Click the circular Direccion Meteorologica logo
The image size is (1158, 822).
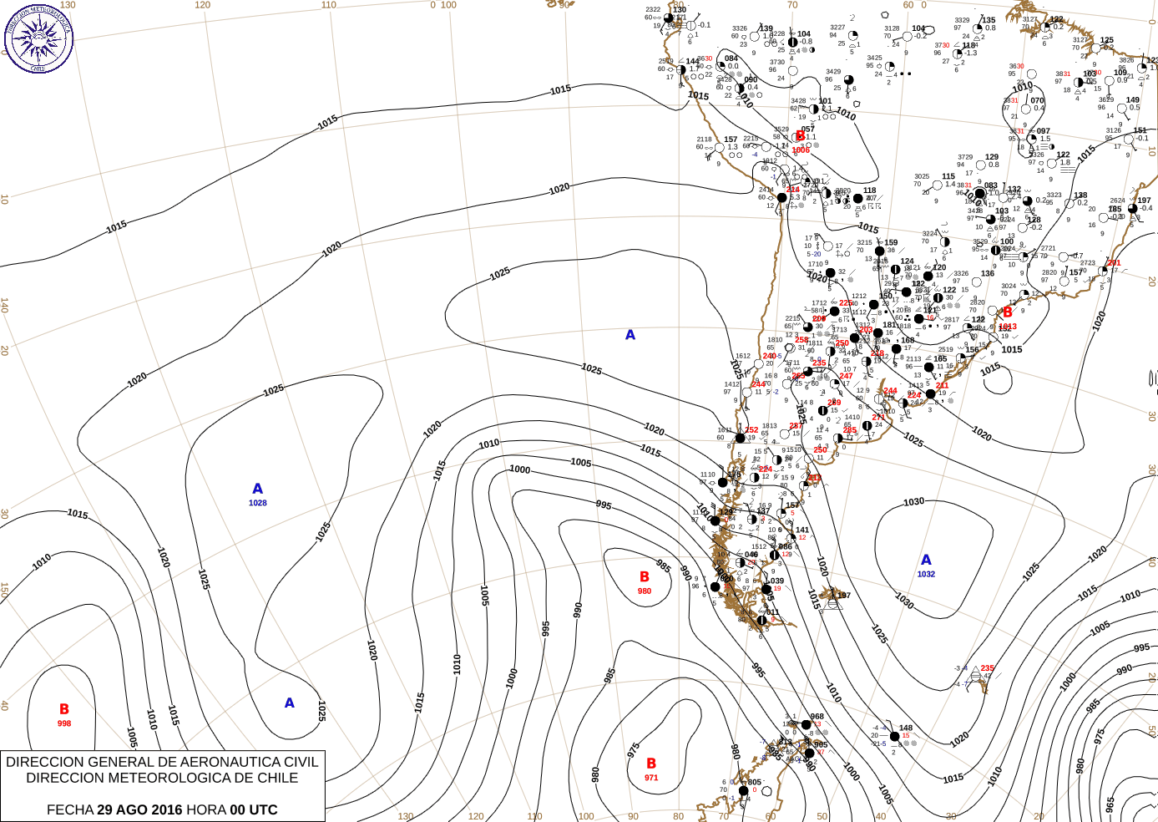(x=38, y=38)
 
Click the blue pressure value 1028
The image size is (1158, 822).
(x=257, y=503)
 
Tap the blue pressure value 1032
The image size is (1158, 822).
(x=926, y=574)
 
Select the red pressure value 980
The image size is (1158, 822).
(x=645, y=591)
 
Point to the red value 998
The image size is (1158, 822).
(x=64, y=723)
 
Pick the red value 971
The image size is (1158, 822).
(x=651, y=778)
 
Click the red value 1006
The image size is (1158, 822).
(x=801, y=150)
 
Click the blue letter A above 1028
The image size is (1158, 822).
(x=257, y=489)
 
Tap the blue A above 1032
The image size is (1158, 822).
(x=926, y=560)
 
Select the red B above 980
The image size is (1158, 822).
(x=645, y=576)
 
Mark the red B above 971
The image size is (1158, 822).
(x=651, y=764)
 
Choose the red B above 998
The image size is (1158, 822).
(x=64, y=709)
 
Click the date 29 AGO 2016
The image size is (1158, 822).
(x=139, y=809)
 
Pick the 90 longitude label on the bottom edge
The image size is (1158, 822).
(x=633, y=816)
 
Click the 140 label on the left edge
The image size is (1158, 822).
(x=4, y=306)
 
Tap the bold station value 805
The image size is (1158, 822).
(x=755, y=783)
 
